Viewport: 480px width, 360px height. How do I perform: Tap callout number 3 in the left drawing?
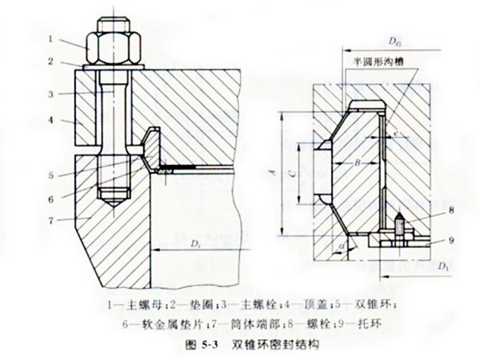coord(50,94)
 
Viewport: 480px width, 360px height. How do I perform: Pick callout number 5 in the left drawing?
coord(50,174)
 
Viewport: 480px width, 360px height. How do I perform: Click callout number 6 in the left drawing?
coord(50,198)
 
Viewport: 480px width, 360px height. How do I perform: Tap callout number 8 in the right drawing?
coord(430,210)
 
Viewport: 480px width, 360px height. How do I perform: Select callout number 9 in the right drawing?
coord(430,238)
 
